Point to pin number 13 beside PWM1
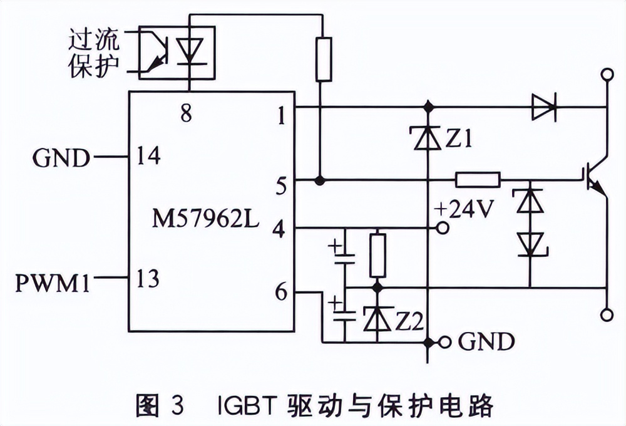pos(148,278)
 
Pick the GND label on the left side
pos(61,158)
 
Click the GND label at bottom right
pos(486,342)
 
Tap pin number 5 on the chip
pos(281,185)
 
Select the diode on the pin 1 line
pos(543,107)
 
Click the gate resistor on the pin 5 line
pos(478,180)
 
